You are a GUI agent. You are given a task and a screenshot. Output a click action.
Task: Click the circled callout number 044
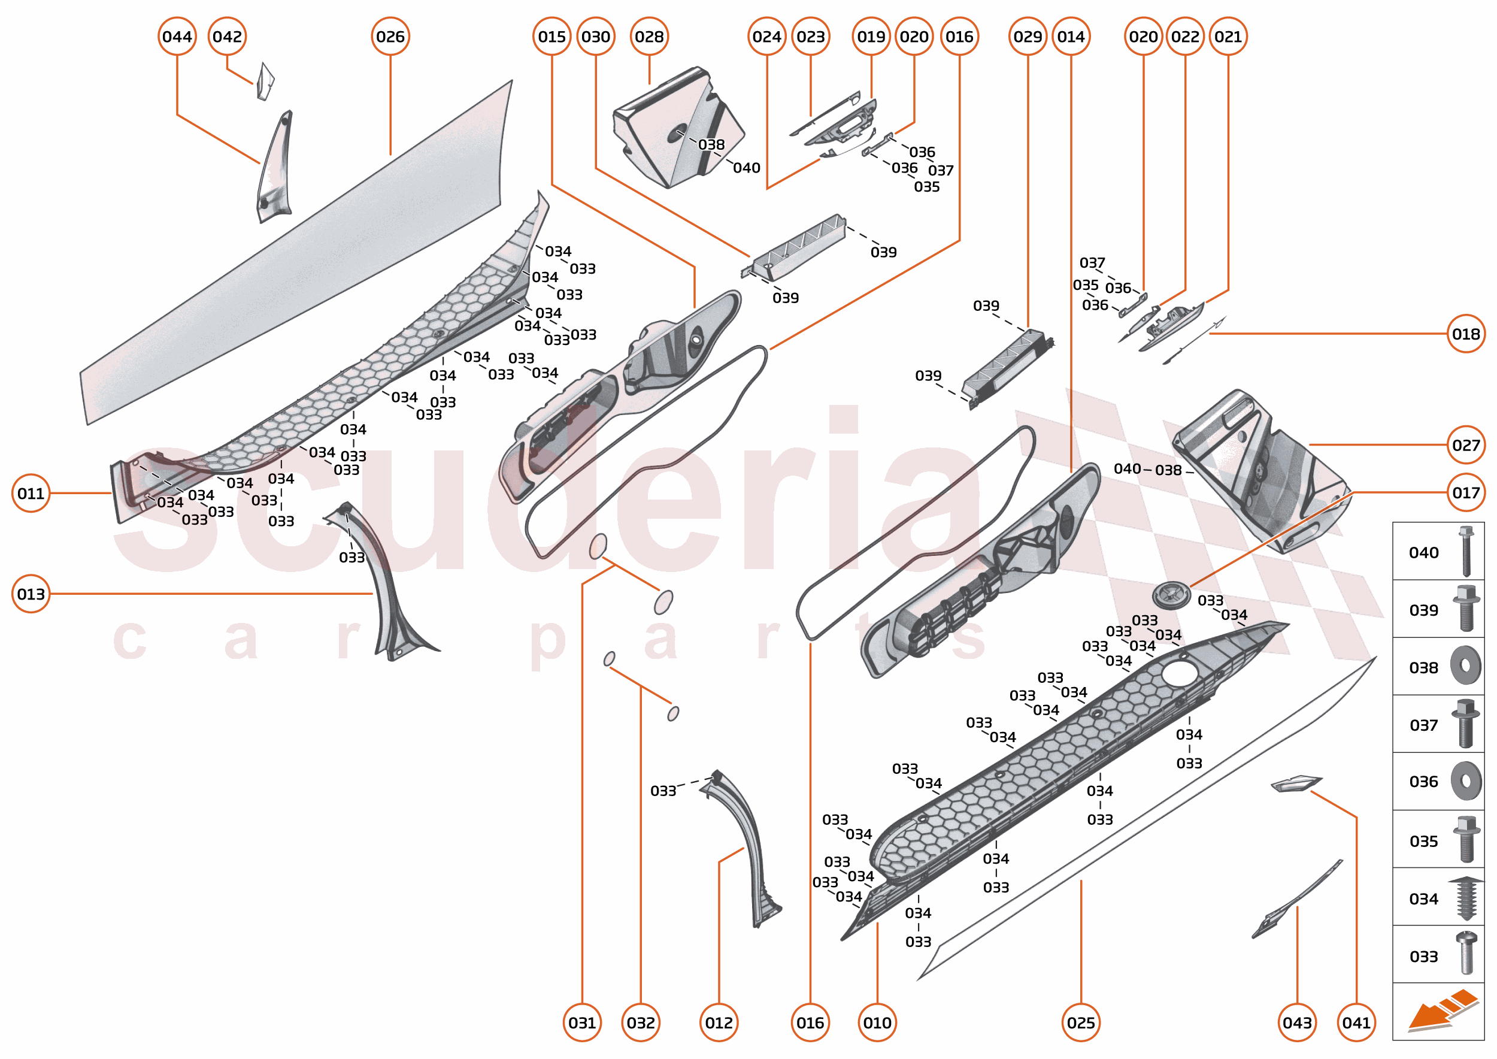177,37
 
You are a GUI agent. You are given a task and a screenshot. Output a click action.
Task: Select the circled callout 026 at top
390,37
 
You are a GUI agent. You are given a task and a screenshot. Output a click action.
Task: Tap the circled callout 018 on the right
1465,334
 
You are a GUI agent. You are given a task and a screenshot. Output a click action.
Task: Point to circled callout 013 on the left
31,594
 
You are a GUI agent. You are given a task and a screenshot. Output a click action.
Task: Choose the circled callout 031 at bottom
581,1022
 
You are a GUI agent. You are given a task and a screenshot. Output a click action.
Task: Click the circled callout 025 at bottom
1080,1022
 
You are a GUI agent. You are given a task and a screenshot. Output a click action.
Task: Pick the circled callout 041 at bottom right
1356,1022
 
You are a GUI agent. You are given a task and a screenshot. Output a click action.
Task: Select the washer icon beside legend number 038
1465,665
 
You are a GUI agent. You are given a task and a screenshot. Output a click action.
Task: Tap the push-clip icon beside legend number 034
1465,898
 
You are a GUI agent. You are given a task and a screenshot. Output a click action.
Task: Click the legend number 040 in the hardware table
1423,553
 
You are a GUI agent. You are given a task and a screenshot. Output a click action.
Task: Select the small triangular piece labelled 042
265,82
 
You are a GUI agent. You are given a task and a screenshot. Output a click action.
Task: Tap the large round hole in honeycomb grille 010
1179,674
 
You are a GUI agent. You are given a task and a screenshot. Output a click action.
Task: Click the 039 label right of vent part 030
883,252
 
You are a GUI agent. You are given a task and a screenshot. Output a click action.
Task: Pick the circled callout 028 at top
649,37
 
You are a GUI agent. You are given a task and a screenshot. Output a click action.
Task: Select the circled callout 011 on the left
31,494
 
